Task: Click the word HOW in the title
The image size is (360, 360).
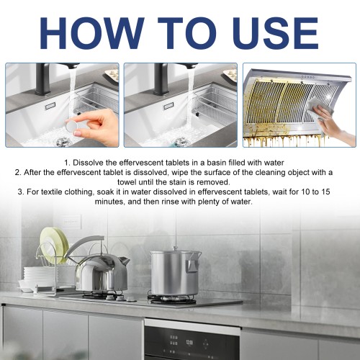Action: tap(91, 33)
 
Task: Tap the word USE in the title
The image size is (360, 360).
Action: tap(275, 33)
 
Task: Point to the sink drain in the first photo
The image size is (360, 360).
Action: tap(60, 142)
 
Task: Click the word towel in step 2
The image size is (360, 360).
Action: tap(127, 182)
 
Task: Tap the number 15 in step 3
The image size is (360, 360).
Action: tap(325, 192)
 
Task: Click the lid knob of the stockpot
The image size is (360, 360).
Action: tap(175, 248)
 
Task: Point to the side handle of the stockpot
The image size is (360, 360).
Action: tap(192, 266)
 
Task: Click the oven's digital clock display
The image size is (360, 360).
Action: tap(189, 342)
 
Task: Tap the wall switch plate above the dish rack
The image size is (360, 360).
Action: tap(72, 222)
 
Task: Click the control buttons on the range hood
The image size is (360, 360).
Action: tap(308, 77)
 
